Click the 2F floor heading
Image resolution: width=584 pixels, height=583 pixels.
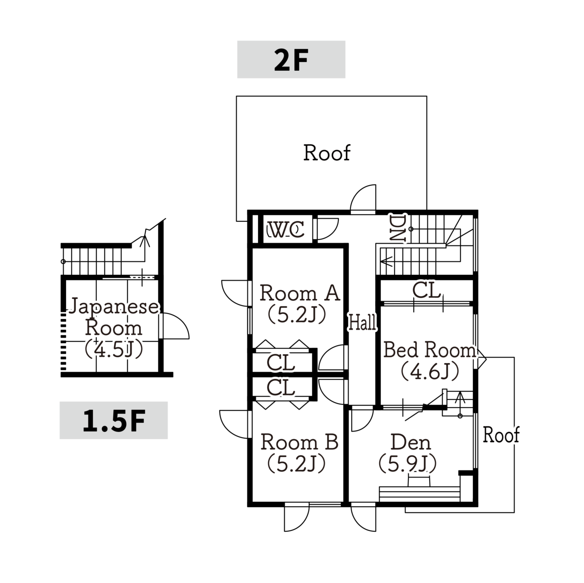pos(291,60)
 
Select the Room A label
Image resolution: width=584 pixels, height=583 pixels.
pos(300,293)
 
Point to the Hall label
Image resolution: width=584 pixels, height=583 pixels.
pos(362,322)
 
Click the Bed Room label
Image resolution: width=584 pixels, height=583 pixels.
pos(430,350)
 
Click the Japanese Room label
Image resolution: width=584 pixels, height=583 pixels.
pos(114,317)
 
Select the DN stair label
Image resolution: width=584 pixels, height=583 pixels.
pos(397,228)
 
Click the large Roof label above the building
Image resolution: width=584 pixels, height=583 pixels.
pos(327,152)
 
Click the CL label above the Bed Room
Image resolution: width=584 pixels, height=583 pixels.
pos(426,290)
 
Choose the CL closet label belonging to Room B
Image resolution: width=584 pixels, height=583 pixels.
pos(281,387)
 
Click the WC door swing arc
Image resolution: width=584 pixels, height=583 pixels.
pos(333,233)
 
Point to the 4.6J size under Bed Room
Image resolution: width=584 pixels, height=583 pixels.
pos(430,371)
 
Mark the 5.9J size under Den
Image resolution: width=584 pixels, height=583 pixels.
pos(407,463)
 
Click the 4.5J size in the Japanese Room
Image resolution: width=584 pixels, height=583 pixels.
pos(114,349)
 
